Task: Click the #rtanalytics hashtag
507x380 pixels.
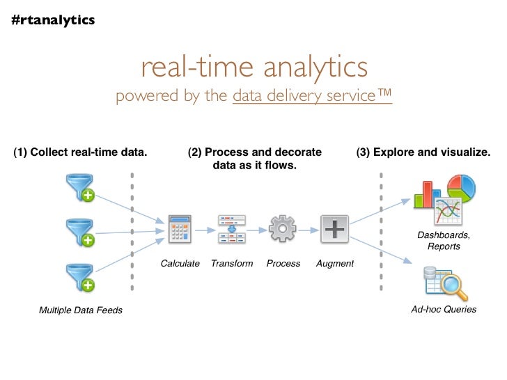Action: (x=53, y=20)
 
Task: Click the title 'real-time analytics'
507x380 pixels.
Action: (x=253, y=67)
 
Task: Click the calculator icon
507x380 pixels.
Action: (x=180, y=229)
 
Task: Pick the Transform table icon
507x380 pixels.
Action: (x=232, y=229)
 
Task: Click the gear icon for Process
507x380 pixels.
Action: (x=283, y=229)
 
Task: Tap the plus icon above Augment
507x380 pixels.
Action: (x=334, y=229)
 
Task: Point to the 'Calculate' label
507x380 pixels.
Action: (x=180, y=264)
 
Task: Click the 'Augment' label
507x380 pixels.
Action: (x=335, y=264)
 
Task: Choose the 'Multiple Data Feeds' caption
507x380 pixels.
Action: (x=81, y=310)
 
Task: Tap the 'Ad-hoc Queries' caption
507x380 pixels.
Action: (x=444, y=309)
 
